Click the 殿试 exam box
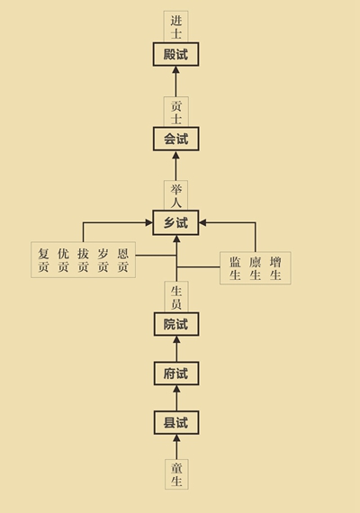175,54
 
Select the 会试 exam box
176,139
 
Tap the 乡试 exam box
175,222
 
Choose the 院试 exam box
176,324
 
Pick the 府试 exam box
176,373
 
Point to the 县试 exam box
176,423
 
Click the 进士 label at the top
176,27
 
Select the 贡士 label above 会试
176,112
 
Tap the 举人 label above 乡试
176,195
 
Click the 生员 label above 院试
176,297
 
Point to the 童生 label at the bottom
176,474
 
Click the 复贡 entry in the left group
43,260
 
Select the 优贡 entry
63,260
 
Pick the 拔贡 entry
83,260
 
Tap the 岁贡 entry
103,260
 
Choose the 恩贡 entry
123,260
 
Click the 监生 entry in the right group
235,268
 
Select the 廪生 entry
256,268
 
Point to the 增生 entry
275,268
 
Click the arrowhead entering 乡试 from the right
202,222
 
